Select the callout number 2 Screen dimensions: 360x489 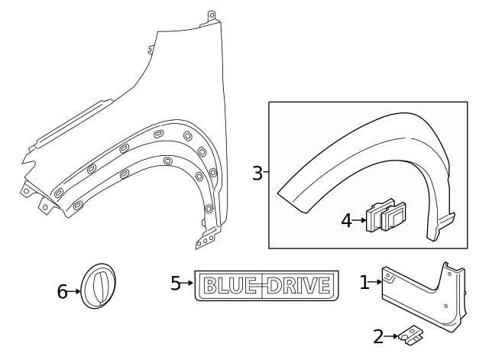pos(378,336)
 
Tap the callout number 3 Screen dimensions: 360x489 pos(257,174)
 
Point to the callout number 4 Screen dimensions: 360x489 pos(347,221)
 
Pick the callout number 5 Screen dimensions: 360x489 pos(176,284)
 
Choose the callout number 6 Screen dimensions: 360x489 pos(62,290)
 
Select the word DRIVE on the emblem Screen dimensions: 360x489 pos(299,286)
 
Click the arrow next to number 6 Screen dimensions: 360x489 pos(75,290)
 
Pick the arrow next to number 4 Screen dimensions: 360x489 pos(360,221)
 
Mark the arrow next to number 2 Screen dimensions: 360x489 pos(390,336)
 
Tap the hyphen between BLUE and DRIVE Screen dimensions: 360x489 pos(264,286)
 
